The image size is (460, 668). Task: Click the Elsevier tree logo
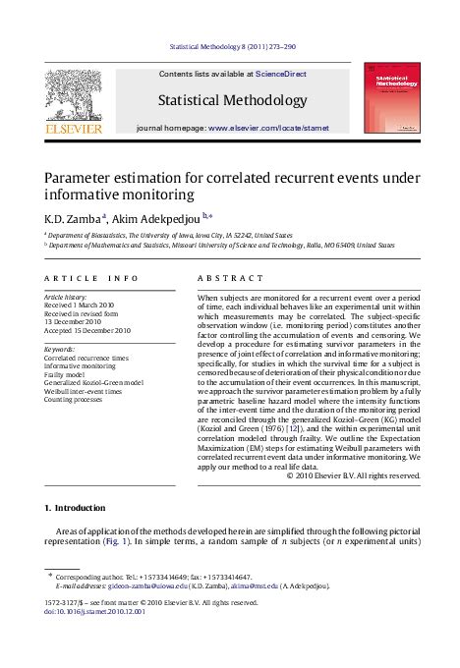pyautogui.click(x=75, y=94)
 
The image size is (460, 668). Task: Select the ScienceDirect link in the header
pyautogui.click(x=280, y=74)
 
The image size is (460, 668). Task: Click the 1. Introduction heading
pyautogui.click(x=75, y=508)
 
